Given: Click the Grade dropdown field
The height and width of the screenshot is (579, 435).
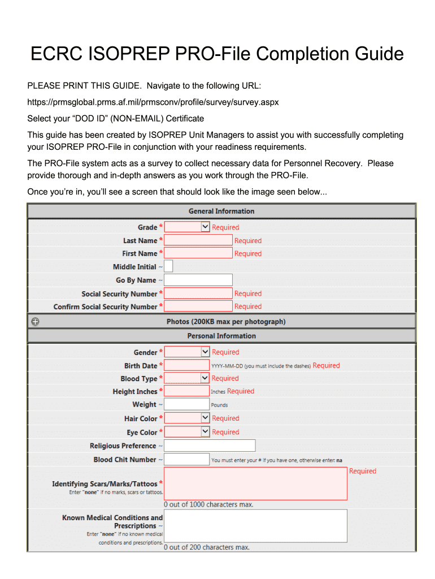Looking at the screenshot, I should click(187, 227).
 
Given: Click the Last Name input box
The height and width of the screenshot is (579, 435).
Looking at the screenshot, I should click(198, 240).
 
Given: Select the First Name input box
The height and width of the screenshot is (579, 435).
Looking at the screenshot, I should click(198, 253).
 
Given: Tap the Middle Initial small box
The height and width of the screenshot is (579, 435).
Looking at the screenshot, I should click(168, 266).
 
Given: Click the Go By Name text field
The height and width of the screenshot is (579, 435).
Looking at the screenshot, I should click(198, 280).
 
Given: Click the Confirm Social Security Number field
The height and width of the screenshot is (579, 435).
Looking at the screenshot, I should click(198, 306).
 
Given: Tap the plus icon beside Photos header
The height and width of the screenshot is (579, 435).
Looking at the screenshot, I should click(35, 322).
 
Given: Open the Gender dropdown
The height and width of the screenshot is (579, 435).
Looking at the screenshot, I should click(187, 352).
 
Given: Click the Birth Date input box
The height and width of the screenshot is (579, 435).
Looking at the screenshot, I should click(187, 365).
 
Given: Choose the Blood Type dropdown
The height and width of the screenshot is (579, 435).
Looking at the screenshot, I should click(187, 378).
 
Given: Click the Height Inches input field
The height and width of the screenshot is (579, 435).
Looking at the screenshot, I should click(187, 391).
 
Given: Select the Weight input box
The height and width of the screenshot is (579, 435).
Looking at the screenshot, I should click(187, 404).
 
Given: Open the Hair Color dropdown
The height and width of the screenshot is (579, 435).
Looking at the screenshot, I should click(187, 418).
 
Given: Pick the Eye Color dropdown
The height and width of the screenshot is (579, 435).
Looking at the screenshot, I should click(187, 432).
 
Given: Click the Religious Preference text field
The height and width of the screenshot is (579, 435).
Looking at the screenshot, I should click(210, 446).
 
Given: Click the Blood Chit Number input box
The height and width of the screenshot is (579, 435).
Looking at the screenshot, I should click(187, 460).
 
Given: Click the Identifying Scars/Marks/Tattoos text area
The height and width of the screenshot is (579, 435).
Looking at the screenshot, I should click(255, 483).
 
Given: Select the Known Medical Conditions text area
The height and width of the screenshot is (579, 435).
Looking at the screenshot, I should click(255, 526).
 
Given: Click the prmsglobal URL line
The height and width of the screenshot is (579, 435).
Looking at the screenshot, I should click(153, 102).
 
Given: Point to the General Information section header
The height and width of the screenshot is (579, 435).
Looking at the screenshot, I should click(221, 211).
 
